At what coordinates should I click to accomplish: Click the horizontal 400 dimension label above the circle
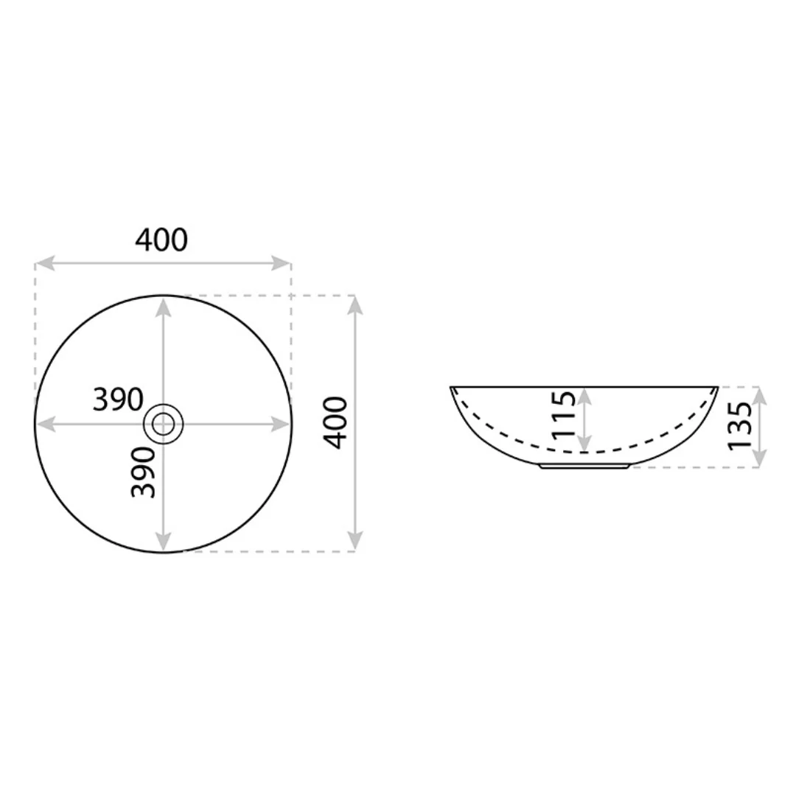pyautogui.click(x=161, y=240)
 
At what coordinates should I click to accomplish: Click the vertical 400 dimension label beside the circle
pyautogui.click(x=335, y=423)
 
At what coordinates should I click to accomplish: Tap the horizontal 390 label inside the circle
pyautogui.click(x=118, y=399)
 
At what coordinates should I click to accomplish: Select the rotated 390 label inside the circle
pyautogui.click(x=143, y=472)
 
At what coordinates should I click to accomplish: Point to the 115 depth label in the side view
pyautogui.click(x=564, y=414)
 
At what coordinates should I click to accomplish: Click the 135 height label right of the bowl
pyautogui.click(x=740, y=425)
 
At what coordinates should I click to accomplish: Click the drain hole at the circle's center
pyautogui.click(x=163, y=423)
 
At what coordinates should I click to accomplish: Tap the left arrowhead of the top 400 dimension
pyautogui.click(x=45, y=263)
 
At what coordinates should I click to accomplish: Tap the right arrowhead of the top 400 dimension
pyautogui.click(x=281, y=263)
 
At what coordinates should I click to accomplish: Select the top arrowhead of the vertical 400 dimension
pyautogui.click(x=355, y=305)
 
